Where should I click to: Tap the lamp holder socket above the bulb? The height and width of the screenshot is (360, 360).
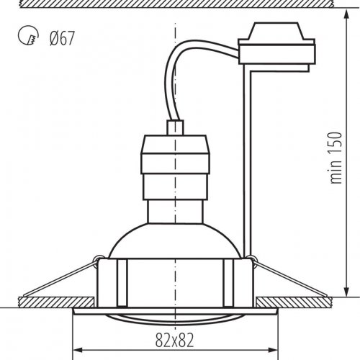coord(175,166)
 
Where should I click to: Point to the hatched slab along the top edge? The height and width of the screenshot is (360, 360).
coord(180,5)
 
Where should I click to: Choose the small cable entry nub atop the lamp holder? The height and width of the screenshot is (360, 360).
coord(175,127)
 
